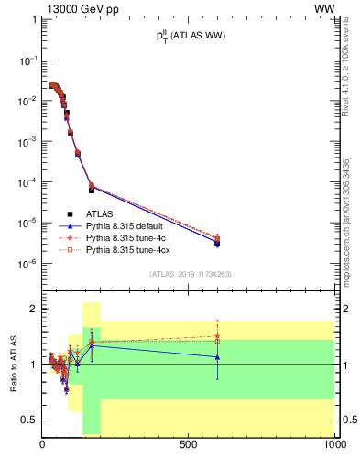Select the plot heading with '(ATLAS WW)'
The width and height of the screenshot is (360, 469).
(x=190, y=36)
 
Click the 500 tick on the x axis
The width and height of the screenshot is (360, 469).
(x=189, y=444)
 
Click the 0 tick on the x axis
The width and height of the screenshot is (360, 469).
(x=43, y=444)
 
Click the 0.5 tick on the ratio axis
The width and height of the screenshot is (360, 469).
(x=29, y=420)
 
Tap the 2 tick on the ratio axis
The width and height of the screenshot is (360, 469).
(x=33, y=309)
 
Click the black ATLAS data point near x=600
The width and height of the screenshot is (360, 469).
(x=216, y=244)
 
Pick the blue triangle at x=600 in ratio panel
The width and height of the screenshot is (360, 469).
(x=216, y=356)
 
